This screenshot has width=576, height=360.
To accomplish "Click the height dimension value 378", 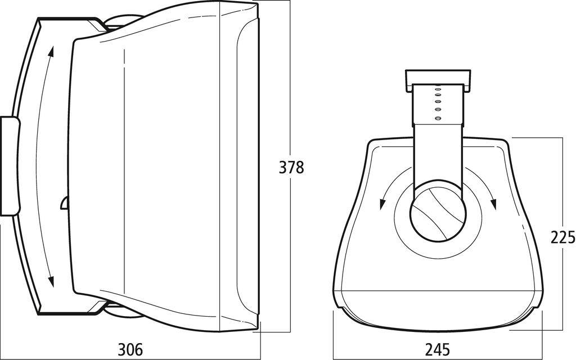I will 291,167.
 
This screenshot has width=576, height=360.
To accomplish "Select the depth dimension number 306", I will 130,349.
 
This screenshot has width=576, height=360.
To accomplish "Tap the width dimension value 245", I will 438,349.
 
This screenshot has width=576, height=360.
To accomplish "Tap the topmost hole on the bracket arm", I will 437,88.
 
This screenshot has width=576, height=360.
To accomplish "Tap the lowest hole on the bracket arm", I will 437,118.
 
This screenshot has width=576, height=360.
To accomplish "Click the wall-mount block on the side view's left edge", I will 10,166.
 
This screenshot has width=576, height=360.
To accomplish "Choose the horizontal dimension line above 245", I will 438,332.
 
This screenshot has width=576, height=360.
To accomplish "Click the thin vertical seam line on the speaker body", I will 123,169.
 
